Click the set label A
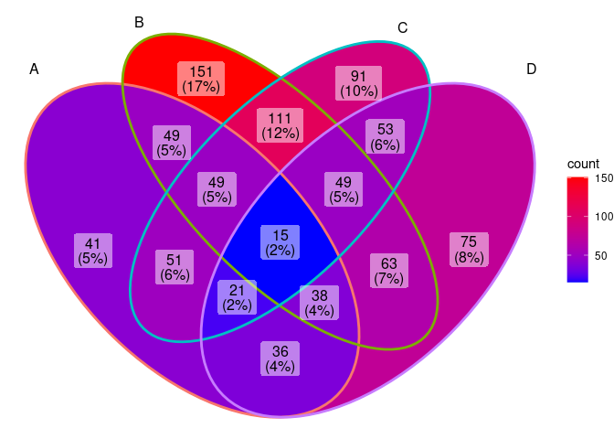click(35, 70)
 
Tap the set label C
click(402, 28)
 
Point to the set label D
click(532, 70)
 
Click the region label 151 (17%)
click(201, 80)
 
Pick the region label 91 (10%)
click(358, 83)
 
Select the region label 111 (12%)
click(280, 125)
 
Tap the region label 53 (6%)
click(385, 137)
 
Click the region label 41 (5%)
click(92, 251)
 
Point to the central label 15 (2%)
click(280, 241)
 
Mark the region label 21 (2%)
click(237, 298)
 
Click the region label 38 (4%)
click(320, 302)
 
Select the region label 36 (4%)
click(280, 358)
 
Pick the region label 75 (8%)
click(469, 250)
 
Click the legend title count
click(583, 164)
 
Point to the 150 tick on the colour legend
click(604, 179)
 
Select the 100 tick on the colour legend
click(604, 217)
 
